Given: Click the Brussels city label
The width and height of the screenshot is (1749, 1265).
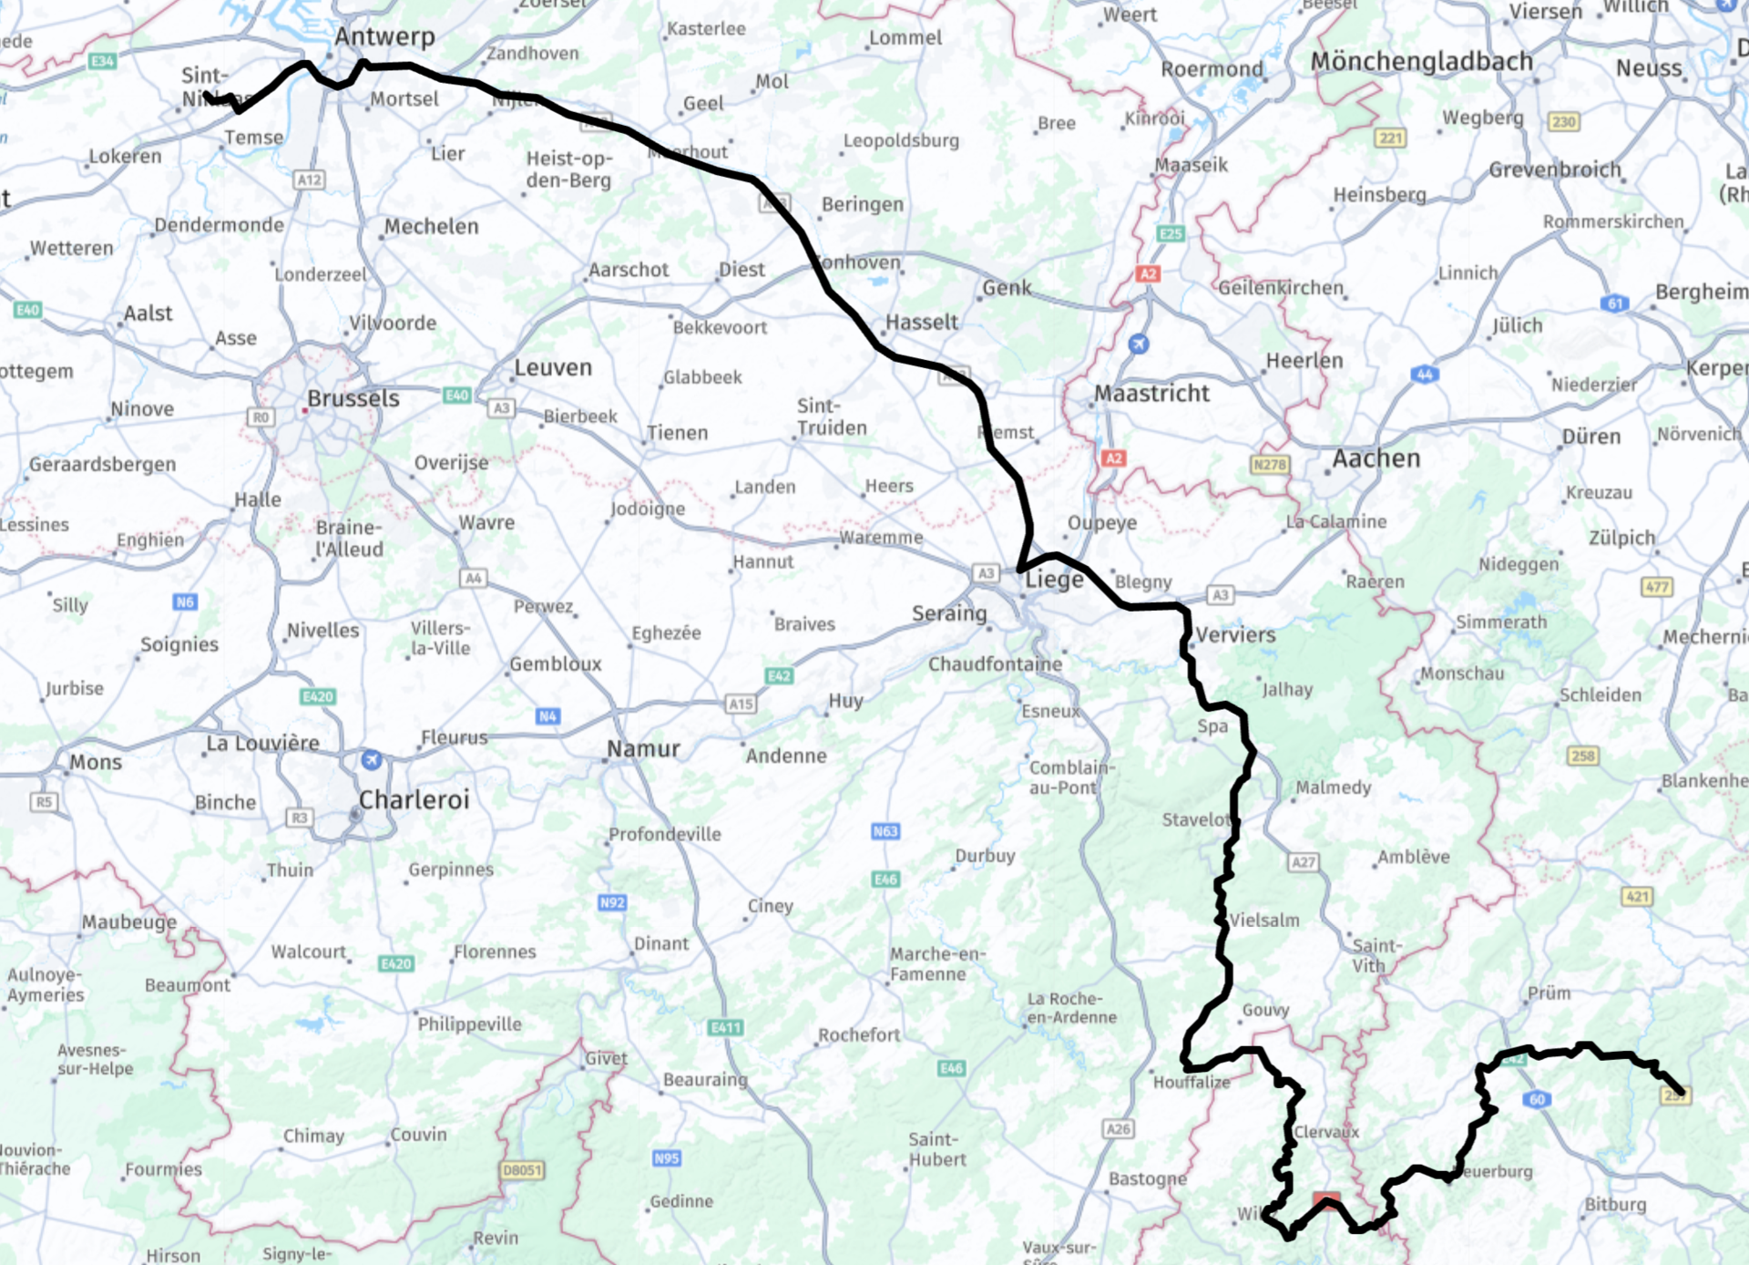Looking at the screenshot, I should (353, 399).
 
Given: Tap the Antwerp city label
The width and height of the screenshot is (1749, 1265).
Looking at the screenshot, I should (384, 37).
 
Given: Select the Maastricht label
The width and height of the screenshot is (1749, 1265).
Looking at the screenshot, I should (1151, 394).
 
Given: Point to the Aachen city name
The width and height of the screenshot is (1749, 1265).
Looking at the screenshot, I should (1376, 458).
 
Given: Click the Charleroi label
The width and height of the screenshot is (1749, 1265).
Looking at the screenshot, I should (414, 800).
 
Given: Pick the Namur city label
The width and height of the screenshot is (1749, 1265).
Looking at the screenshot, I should (643, 749).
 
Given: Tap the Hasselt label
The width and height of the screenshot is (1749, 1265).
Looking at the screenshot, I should (921, 323).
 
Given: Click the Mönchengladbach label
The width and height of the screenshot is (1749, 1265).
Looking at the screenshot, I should (1421, 62).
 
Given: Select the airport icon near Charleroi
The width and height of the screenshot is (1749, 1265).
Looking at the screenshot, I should (371, 759).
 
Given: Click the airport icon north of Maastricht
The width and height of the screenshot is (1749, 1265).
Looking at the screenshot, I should (1138, 344).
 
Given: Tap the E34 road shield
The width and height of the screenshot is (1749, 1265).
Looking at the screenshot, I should (102, 61).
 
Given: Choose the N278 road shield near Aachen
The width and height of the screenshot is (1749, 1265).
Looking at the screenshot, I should (1269, 465).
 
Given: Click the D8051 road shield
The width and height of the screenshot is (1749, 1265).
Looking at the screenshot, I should (522, 1170).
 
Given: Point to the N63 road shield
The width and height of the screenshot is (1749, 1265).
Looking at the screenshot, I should (885, 831).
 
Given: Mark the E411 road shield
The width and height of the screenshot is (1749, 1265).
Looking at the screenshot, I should (725, 1027).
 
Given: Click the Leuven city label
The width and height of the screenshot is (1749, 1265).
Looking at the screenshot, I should (553, 368).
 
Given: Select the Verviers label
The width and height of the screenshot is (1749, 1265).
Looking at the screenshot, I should (1235, 635).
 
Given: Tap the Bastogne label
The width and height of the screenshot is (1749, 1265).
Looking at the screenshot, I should (1147, 1179).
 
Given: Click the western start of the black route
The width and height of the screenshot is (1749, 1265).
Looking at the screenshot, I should (207, 95).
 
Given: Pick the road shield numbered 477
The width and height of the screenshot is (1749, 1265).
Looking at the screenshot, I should (1656, 587).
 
